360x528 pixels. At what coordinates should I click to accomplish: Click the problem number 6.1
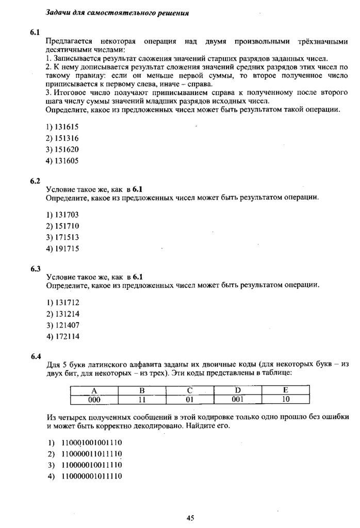tap(35, 32)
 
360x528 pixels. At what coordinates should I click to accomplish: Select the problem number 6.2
tap(35, 181)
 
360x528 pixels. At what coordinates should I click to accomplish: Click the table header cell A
tap(94, 390)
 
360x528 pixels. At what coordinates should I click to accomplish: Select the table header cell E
tap(286, 390)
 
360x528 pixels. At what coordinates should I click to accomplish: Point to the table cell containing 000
tap(94, 399)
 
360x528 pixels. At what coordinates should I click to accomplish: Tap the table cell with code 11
tap(142, 399)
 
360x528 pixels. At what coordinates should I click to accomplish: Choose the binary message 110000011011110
tap(91, 454)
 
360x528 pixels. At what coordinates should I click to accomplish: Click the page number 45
tap(190, 518)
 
